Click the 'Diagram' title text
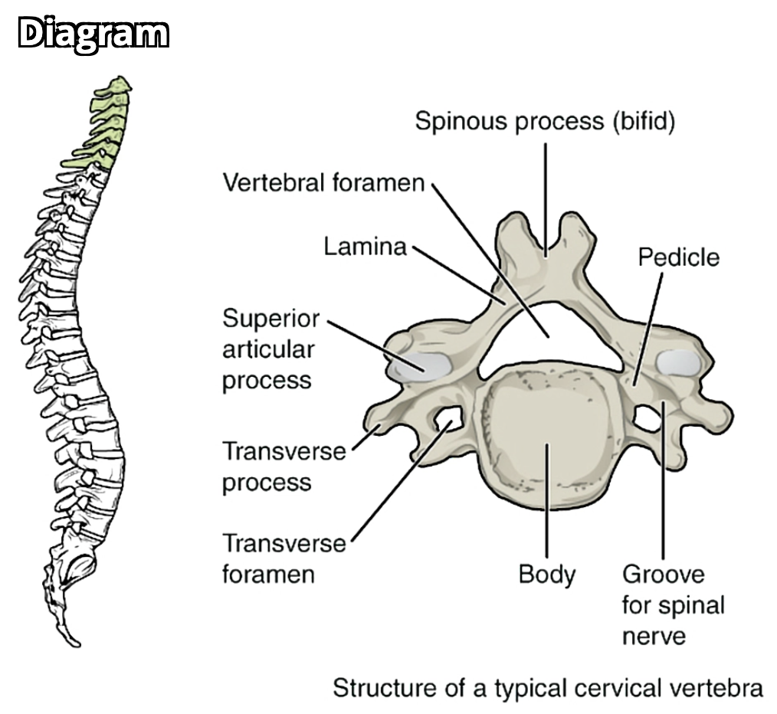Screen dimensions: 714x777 93,35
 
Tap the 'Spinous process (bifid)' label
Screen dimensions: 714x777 545,121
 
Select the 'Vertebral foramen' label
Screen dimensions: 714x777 323,183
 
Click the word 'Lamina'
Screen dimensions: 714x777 364,247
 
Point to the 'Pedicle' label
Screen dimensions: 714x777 678,257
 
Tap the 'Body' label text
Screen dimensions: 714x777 546,573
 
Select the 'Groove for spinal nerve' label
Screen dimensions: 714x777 672,604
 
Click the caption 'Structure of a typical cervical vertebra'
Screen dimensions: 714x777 547,688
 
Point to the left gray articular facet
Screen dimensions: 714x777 418,365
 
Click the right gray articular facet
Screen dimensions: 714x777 678,361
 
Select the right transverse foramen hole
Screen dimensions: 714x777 648,418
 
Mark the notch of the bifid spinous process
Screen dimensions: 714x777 546,245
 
